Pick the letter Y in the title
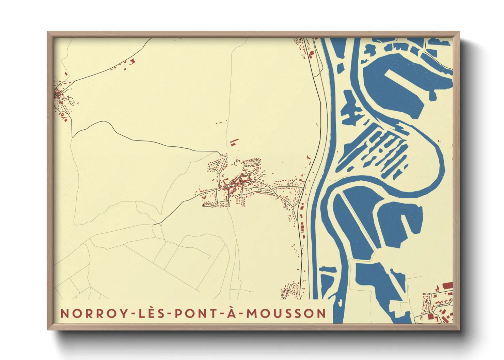pos(123,313)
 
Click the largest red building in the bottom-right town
pos(447,285)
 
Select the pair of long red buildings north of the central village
pos(234,142)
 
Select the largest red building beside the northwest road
pos(132,61)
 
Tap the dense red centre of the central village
pos(235,184)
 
